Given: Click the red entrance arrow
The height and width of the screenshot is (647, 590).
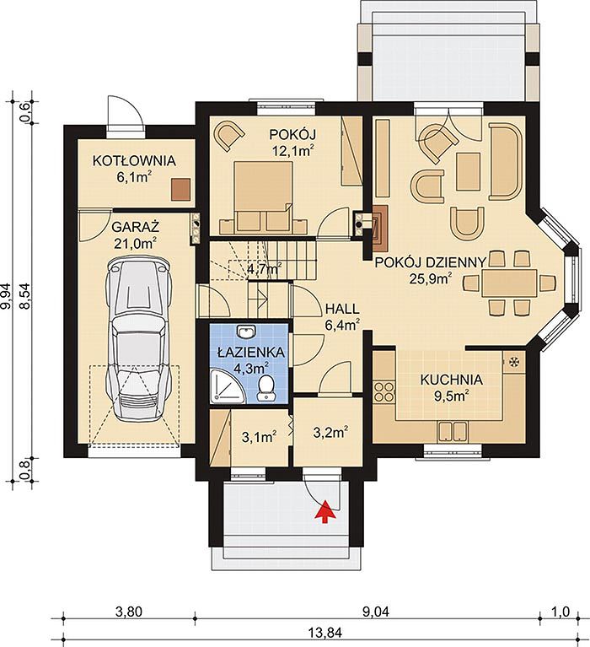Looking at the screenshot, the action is click(x=325, y=511).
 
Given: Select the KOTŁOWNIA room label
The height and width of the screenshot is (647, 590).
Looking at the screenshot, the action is click(x=134, y=160).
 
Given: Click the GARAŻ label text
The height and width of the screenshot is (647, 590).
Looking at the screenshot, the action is click(x=135, y=228).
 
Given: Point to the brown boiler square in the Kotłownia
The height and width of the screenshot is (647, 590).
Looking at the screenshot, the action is click(x=181, y=190).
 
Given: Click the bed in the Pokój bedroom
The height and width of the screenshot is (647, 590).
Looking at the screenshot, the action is click(x=263, y=197).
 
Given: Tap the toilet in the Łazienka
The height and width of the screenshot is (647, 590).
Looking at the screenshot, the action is click(x=266, y=388).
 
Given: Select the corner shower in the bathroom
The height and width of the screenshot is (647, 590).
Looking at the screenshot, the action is click(x=227, y=386).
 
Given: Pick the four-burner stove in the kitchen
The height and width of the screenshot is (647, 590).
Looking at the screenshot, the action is click(x=383, y=392).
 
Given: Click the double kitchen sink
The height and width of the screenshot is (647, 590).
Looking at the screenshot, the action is click(x=453, y=432).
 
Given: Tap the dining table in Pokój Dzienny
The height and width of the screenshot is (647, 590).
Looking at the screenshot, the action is click(x=510, y=283).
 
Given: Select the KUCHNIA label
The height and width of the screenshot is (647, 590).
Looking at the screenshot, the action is click(x=451, y=380).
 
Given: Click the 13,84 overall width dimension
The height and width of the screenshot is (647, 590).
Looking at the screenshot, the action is click(x=324, y=632).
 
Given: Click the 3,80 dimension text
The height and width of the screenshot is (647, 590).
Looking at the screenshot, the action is click(x=129, y=612).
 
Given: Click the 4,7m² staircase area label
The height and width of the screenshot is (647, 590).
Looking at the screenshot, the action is click(x=265, y=269).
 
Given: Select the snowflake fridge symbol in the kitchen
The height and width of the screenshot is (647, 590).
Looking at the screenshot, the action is click(x=514, y=362).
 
